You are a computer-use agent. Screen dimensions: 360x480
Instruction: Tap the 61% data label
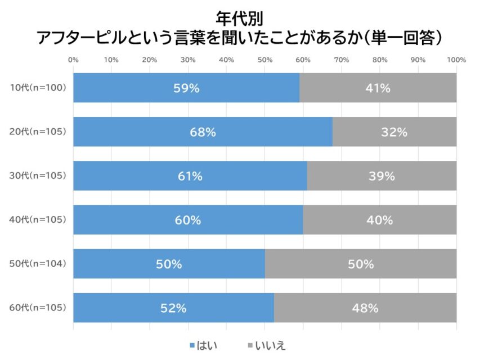tap(190, 176)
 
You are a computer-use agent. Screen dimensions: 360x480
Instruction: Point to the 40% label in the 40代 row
tap(379, 220)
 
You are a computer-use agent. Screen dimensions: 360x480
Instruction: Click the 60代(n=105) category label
tap(38, 308)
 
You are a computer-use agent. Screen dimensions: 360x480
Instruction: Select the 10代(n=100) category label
tap(38, 88)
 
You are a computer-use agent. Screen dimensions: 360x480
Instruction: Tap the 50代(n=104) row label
tap(38, 264)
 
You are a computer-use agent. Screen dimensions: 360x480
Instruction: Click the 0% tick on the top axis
tap(73, 60)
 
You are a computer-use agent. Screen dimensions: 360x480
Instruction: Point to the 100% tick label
tap(456, 60)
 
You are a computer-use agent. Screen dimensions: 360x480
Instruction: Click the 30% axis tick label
tap(188, 60)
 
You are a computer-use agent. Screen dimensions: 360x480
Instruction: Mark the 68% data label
tap(203, 132)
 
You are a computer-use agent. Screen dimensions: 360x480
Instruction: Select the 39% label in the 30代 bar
tap(382, 176)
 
